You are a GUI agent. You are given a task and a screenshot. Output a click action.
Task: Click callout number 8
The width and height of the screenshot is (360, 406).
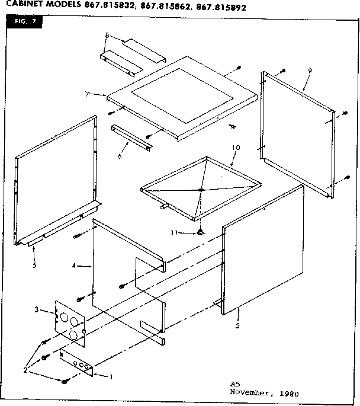point(106,36)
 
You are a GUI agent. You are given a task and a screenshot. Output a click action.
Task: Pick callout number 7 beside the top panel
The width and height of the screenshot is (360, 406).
point(87,95)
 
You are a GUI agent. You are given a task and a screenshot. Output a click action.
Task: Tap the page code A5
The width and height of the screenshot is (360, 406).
point(235,385)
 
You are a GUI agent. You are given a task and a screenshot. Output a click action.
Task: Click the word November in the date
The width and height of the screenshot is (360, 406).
point(249,392)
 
